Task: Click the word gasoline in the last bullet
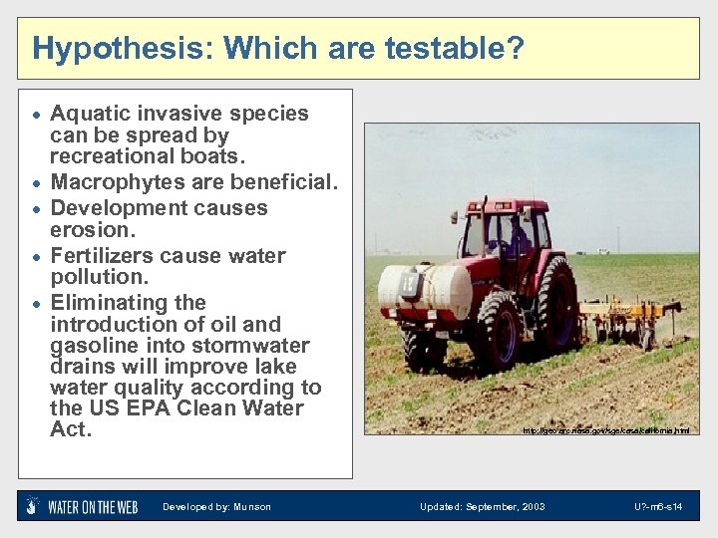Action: (x=95, y=346)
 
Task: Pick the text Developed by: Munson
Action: (x=216, y=507)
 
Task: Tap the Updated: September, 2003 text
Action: (x=482, y=507)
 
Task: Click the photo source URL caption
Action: (x=605, y=430)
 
